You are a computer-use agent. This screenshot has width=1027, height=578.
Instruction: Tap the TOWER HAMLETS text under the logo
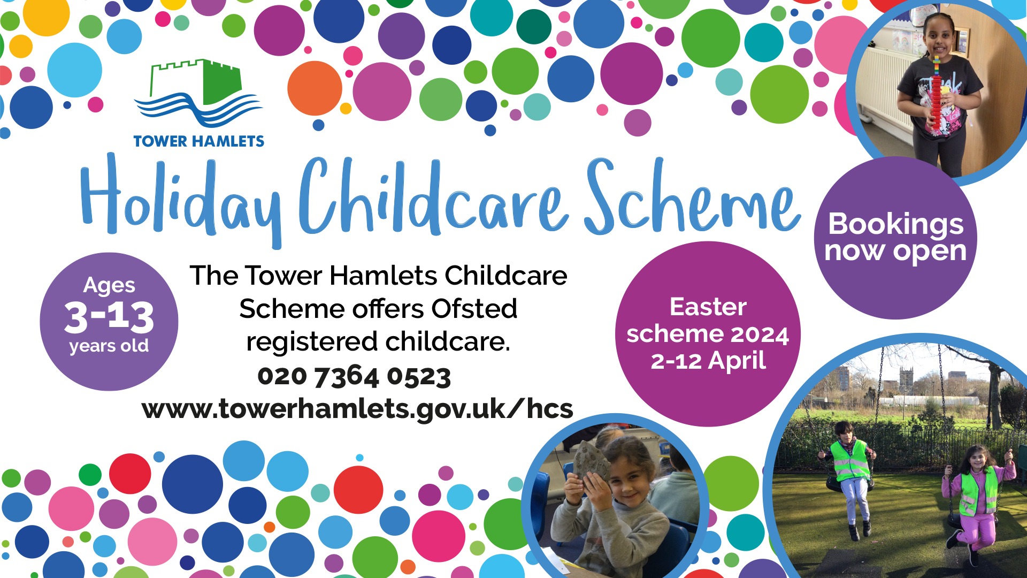198,141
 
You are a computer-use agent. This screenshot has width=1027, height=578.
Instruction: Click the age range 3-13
109,316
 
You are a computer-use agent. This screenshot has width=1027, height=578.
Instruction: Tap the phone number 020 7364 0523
354,376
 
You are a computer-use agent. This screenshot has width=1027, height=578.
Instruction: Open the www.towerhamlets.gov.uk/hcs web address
357,409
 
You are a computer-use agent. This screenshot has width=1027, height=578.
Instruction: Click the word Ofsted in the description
474,308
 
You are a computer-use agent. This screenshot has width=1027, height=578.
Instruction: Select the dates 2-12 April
708,361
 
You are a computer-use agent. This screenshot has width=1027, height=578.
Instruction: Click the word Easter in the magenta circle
708,307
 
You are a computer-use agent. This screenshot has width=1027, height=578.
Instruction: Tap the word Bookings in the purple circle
896,225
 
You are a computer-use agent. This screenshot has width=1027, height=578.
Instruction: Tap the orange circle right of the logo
315,88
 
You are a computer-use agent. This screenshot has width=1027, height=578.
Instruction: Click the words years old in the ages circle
109,346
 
